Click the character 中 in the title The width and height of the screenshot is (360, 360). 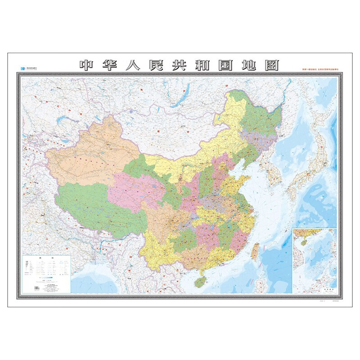(x=87, y=65)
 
